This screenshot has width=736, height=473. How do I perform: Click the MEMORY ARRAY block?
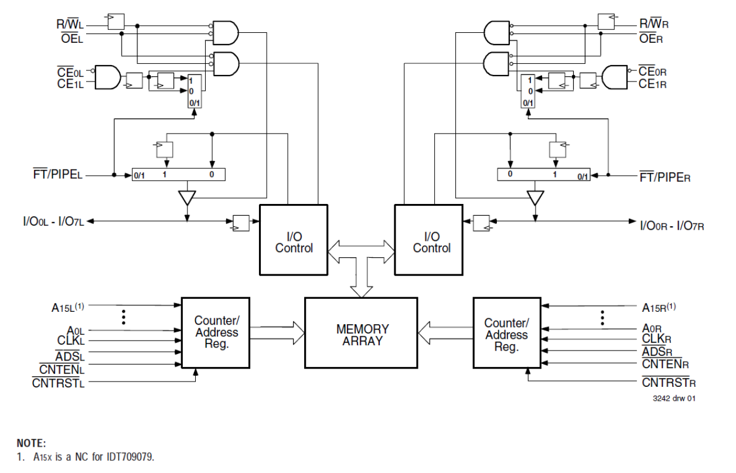[361, 332]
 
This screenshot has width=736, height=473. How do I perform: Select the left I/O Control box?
[294, 240]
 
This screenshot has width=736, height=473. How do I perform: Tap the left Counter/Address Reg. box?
[216, 332]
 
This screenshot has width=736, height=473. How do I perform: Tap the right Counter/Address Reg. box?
[506, 332]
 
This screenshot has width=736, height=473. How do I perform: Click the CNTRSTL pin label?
[59, 383]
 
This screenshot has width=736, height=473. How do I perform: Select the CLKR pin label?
[656, 339]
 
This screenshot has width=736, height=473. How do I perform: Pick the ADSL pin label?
[70, 356]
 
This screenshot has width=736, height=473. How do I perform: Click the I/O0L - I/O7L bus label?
[53, 221]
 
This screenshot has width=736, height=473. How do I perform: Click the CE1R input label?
[652, 84]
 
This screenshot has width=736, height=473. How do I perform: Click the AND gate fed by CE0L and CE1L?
[107, 77]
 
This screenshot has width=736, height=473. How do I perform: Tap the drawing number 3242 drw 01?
[674, 399]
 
